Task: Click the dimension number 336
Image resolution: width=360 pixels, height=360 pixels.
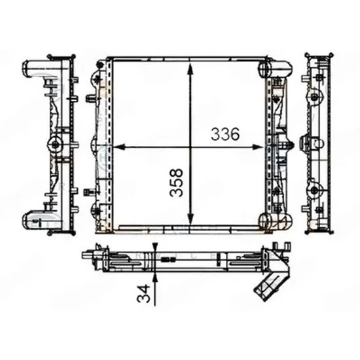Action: (225, 134)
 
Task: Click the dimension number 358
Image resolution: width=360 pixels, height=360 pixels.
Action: (176, 183)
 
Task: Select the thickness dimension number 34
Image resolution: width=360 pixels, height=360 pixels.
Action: (143, 293)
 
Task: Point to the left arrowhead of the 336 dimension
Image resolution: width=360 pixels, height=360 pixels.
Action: (119, 147)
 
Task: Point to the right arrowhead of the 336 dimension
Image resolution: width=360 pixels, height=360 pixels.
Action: (257, 147)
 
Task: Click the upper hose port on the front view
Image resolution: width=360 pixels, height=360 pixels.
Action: (276, 69)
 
